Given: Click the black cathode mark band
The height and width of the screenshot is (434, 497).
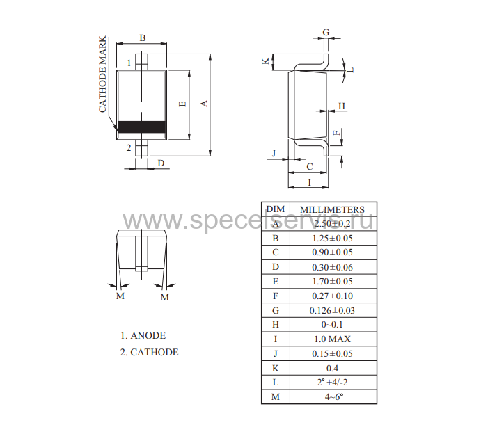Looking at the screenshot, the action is point(141,127).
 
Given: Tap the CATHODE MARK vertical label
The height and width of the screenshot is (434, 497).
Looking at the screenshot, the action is point(102,74).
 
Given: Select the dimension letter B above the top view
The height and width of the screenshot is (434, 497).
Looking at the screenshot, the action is point(143,38).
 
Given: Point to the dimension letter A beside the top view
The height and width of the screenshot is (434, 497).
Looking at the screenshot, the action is point(204,103).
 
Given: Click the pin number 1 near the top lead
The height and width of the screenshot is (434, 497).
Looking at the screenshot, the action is point(129,63).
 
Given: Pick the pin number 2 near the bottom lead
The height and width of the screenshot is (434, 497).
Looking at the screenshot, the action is point(129,147).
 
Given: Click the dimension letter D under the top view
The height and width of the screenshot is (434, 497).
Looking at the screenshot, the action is point(161,163).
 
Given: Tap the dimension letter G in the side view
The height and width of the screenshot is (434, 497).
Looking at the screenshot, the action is point(326,32).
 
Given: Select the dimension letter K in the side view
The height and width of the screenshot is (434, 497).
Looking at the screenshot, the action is point(265,61).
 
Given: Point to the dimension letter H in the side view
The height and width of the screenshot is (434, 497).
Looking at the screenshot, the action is point(342,106).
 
